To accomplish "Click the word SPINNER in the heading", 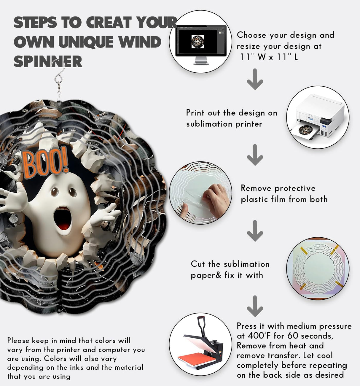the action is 48,61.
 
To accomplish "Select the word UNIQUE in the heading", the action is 86,42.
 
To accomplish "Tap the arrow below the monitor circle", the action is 255,79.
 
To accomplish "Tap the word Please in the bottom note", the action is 18,341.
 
